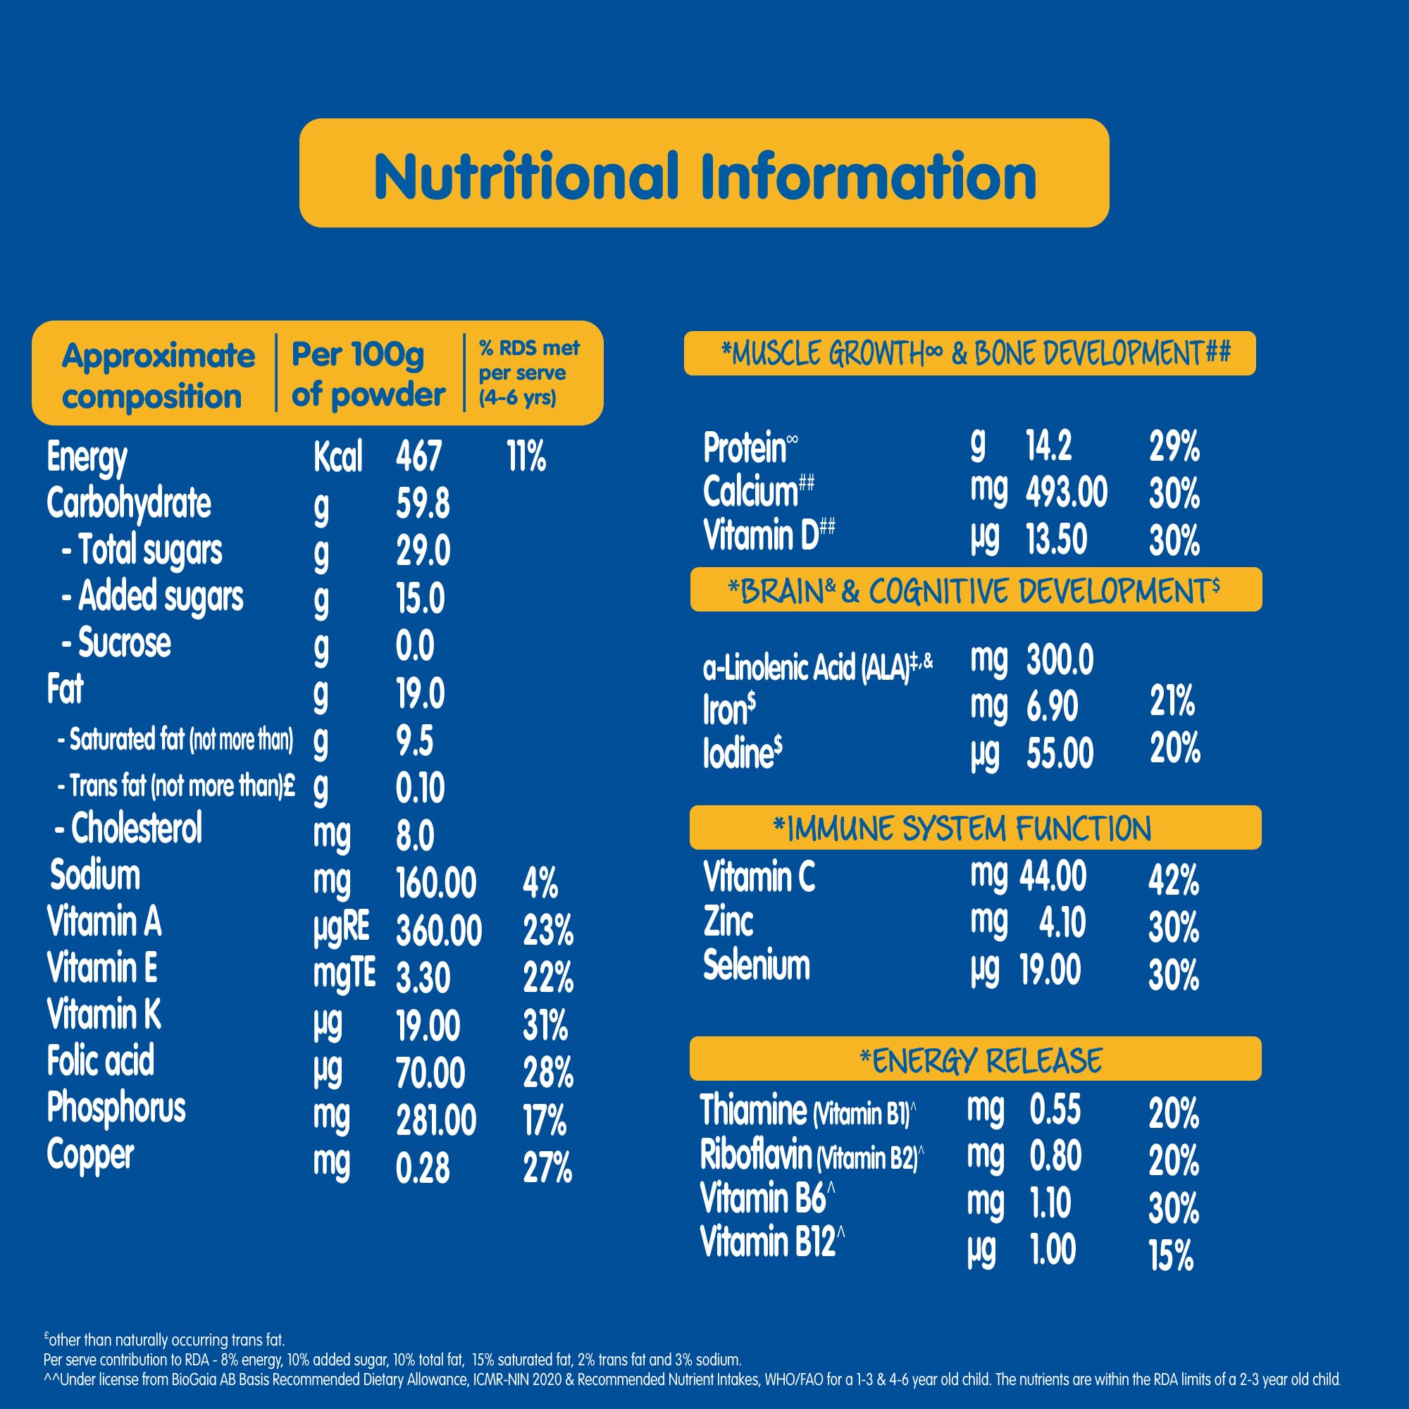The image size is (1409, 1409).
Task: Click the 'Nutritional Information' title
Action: tap(704, 177)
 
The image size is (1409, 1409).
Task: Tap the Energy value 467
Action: tap(418, 457)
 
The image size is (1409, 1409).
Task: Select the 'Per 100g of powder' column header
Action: tap(368, 374)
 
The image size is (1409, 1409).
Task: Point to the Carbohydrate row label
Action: tap(128, 503)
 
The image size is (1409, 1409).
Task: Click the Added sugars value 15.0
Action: tap(420, 598)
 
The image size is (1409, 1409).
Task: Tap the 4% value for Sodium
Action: tap(540, 883)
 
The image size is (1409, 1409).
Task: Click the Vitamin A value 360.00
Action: tap(438, 931)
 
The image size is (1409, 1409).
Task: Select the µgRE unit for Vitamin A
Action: tap(341, 929)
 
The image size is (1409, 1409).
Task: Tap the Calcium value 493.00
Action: tap(1066, 492)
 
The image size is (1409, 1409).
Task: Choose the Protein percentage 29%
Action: tap(1174, 447)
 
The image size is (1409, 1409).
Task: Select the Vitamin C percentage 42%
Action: tap(1174, 879)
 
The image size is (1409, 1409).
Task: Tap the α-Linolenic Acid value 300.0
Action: tap(1060, 660)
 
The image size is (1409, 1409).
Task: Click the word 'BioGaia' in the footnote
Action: tap(193, 1379)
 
